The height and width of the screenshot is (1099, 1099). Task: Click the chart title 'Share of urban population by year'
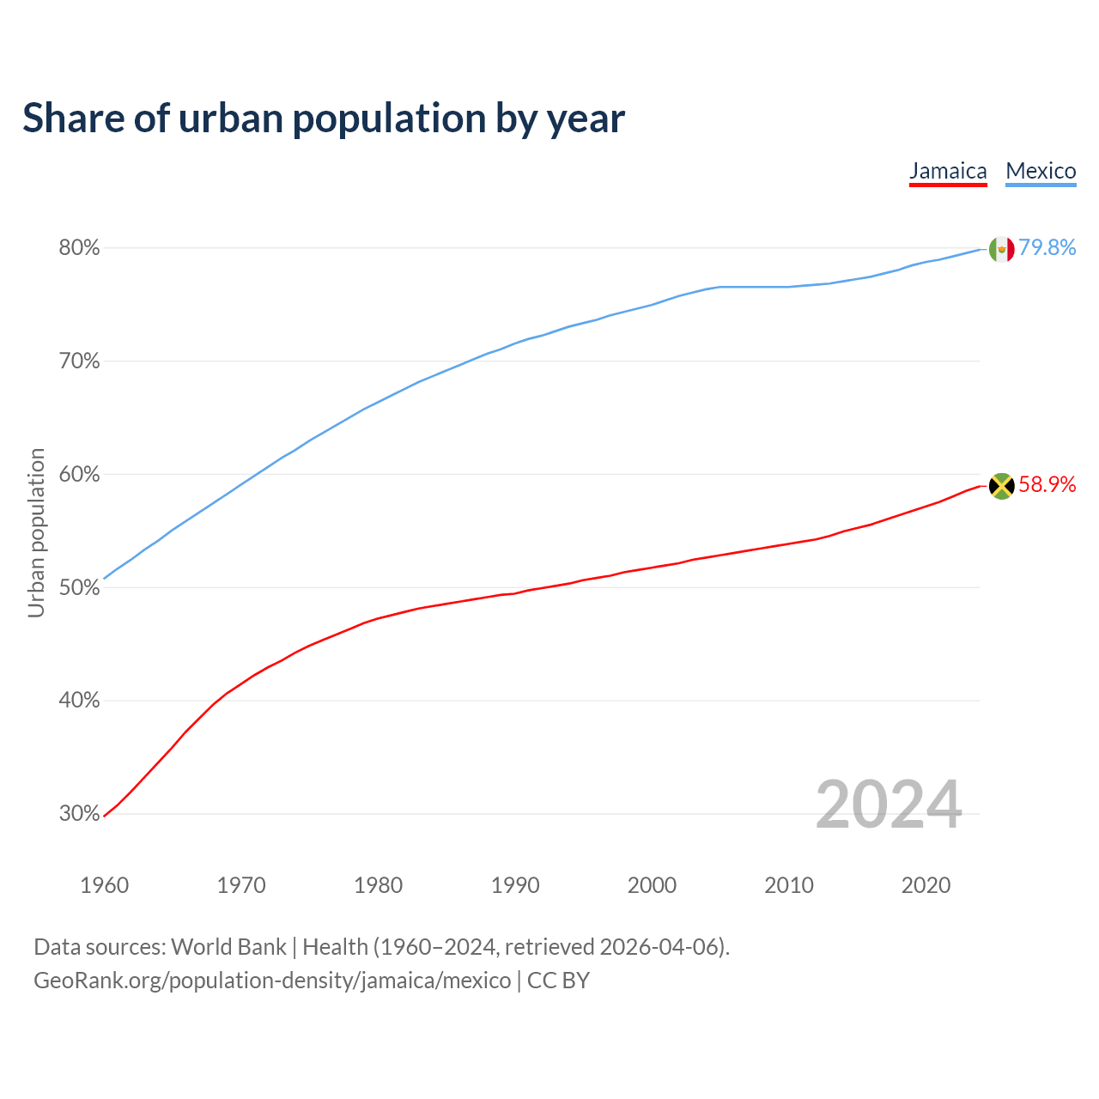pos(324,118)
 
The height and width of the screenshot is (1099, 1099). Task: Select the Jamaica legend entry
pos(948,171)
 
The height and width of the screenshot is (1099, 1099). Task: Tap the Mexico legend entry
pos(1041,171)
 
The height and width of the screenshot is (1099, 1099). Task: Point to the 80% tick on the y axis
pos(79,248)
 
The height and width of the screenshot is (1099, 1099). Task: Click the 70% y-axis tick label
pos(79,361)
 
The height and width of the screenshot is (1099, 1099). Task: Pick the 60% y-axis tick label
pos(79,475)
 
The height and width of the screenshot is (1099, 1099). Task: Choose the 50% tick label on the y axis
pos(79,588)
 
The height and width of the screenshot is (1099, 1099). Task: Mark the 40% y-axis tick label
pos(79,701)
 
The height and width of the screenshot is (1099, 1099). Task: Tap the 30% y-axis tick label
pos(79,814)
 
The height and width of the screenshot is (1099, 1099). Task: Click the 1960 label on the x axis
pos(105,885)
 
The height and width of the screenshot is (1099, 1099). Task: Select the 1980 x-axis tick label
pos(378,885)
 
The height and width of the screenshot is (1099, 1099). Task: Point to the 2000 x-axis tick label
pos(652,885)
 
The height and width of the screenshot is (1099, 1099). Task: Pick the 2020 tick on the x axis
pos(926,885)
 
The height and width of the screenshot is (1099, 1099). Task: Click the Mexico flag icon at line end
pos(1001,249)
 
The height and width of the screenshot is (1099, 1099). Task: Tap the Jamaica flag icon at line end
pos(1001,486)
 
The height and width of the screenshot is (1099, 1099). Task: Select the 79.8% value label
pos(1047,248)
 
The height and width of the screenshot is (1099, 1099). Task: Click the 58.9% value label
pos(1047,485)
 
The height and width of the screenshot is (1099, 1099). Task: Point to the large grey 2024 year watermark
pos(889,805)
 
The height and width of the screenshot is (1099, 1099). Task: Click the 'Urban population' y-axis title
pos(36,532)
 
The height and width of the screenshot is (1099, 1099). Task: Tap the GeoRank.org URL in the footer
pos(272,981)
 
